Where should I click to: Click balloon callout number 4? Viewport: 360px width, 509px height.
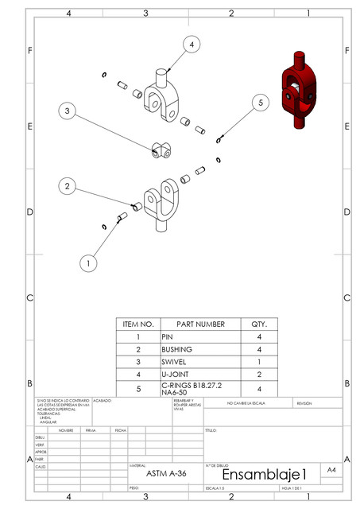click(191, 45)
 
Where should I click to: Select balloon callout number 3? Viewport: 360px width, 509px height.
click(68, 111)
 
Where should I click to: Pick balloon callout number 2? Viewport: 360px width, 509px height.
click(68, 186)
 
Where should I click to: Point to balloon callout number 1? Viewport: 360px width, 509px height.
click(89, 260)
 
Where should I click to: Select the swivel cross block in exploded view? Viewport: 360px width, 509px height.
click(161, 149)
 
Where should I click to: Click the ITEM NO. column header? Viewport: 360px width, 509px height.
click(137, 324)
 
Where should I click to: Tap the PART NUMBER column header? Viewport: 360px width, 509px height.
click(200, 324)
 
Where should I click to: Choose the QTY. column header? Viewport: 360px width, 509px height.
click(260, 324)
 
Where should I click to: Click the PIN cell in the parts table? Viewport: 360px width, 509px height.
click(200, 337)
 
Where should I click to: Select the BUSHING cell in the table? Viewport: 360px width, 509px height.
click(200, 349)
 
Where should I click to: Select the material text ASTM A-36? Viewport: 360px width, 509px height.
click(165, 472)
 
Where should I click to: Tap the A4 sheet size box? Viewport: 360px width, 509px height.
click(332, 470)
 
